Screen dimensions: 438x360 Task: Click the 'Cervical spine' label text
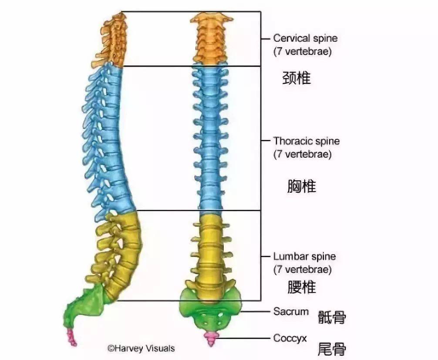tap(305, 38)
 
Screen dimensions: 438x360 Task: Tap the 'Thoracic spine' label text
tap(307, 141)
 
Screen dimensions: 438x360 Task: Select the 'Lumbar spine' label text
tap(304, 257)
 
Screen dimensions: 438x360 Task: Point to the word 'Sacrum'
tap(291, 311)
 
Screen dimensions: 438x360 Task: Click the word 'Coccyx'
tap(290, 339)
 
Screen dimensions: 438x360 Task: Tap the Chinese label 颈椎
tap(296, 78)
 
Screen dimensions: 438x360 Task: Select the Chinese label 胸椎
tap(302, 186)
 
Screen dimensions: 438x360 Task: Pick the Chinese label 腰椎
tap(302, 287)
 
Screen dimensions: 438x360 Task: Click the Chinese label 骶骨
tap(332, 317)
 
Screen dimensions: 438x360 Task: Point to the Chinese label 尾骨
tap(332, 349)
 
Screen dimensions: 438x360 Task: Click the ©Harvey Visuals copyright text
tap(141, 348)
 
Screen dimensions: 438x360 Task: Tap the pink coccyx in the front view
tap(211, 338)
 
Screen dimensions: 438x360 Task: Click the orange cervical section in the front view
tap(211, 39)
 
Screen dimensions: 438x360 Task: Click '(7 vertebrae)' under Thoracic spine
tap(303, 154)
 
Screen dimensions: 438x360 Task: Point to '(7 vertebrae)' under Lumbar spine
tap(303, 270)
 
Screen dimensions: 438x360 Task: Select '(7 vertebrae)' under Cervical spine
tap(303, 51)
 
